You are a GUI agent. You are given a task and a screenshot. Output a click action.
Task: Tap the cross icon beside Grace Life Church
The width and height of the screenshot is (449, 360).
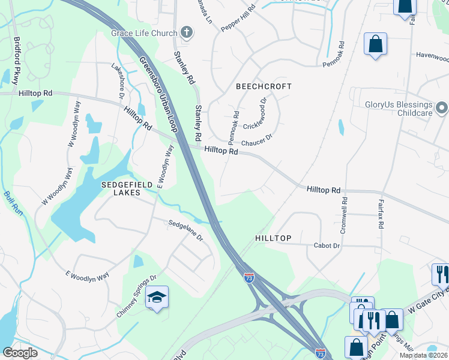(187, 32)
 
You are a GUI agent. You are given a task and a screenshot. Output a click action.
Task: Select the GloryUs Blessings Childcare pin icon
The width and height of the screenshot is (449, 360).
(442, 108)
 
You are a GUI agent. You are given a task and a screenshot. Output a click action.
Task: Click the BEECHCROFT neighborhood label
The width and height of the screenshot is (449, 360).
(264, 86)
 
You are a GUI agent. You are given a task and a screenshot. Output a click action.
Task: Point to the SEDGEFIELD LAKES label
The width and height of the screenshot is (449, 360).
(121, 188)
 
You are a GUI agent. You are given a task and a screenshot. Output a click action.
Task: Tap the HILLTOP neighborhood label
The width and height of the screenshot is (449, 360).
(273, 238)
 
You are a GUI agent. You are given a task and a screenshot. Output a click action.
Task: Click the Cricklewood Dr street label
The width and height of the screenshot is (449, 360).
(258, 126)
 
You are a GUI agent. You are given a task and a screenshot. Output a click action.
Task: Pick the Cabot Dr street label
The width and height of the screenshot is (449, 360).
(327, 245)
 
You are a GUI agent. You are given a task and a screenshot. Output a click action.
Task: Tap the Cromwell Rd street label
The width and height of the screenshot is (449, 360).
(345, 215)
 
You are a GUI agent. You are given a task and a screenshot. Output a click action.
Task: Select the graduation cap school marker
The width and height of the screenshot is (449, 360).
(157, 298)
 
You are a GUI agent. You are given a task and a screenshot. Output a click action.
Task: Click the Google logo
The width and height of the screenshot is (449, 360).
(20, 353)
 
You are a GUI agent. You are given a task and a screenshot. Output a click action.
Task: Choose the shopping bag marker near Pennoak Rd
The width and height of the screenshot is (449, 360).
(375, 44)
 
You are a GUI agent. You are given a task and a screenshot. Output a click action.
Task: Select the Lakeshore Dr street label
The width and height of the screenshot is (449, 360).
(117, 80)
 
